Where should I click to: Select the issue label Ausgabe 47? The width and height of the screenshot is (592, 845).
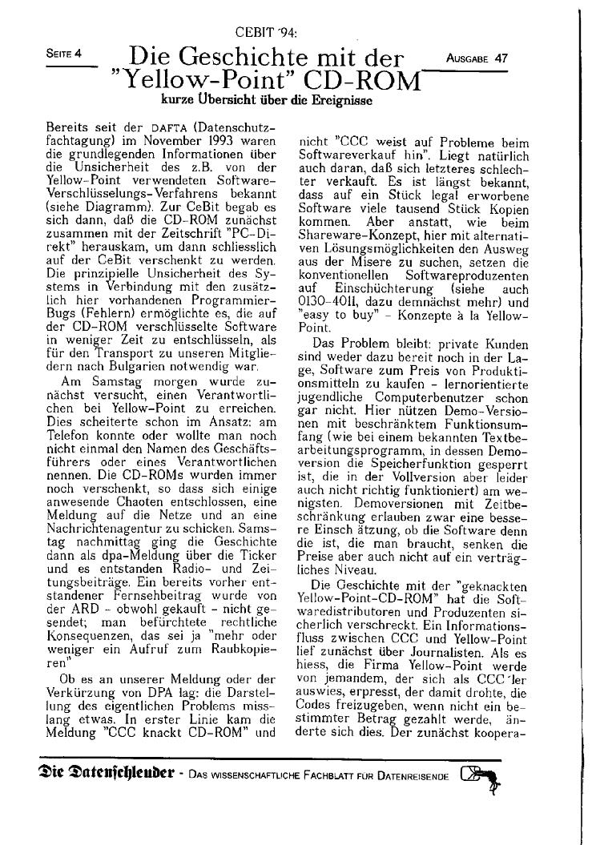pos(478,58)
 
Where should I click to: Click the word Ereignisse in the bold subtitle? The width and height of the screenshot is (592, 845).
pos(334,102)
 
